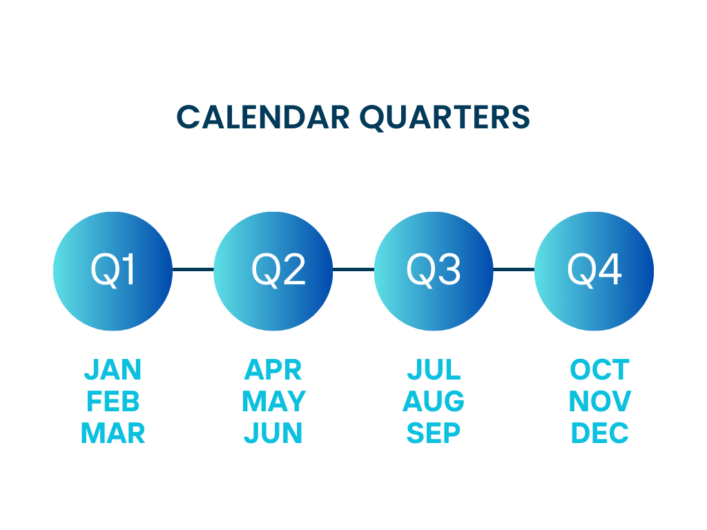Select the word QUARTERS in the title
(445, 117)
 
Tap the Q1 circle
(113, 271)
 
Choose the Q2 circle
(273, 271)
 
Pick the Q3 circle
(434, 271)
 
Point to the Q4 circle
(594, 271)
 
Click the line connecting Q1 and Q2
(193, 269)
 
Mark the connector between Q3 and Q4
(514, 269)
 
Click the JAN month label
(113, 370)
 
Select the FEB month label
(113, 401)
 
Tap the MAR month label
(113, 433)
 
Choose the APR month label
(273, 370)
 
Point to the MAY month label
(273, 401)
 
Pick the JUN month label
(273, 433)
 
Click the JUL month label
(434, 370)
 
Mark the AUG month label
(434, 401)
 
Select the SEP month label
(434, 433)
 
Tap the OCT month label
(599, 370)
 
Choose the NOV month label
(599, 401)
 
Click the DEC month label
(599, 433)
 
